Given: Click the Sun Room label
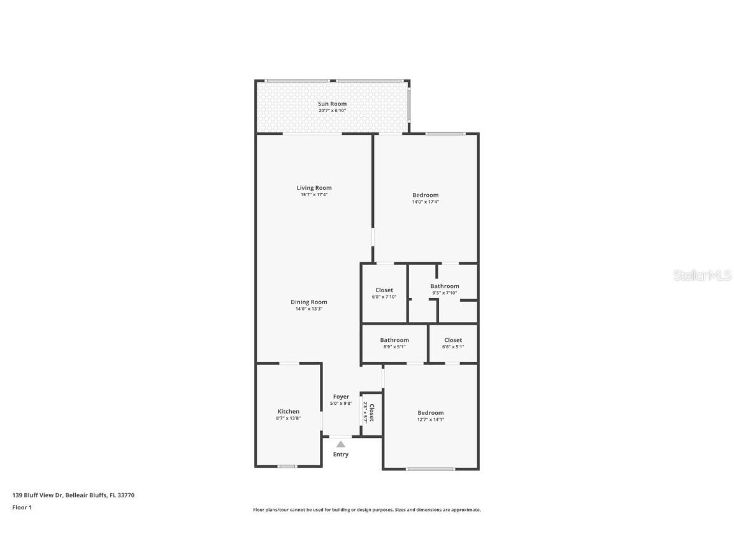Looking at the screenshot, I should [332, 104].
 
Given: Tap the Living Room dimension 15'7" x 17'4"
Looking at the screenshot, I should [313, 195].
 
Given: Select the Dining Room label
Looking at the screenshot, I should [308, 302].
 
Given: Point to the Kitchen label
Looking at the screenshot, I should [288, 411].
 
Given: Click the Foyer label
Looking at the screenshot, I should [341, 397].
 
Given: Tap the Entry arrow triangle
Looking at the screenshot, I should [341, 444].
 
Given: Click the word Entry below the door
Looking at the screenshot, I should [341, 455].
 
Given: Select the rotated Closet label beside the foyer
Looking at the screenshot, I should [371, 413].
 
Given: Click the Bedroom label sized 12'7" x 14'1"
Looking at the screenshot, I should [430, 413].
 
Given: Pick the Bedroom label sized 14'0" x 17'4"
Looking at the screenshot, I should [425, 195].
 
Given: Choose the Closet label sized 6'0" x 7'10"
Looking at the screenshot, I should [384, 290].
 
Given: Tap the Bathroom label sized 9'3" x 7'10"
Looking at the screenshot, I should [444, 286].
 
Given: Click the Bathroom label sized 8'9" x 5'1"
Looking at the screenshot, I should [394, 340].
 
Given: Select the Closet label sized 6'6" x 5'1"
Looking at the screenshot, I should [453, 340].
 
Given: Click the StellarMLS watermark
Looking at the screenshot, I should [703, 276].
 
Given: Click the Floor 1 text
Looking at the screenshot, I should [22, 507].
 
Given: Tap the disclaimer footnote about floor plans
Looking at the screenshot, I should [366, 510].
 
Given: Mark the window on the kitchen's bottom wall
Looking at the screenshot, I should [287, 467].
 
